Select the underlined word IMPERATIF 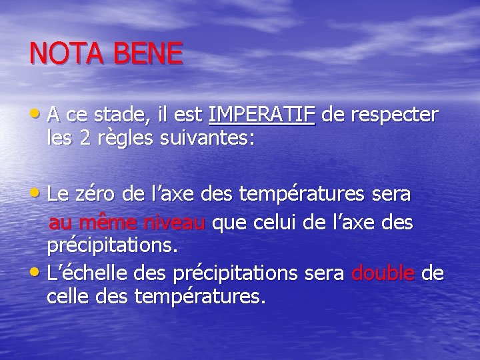coord(261,116)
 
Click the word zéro coord(102,195)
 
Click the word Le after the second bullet coord(57,195)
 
